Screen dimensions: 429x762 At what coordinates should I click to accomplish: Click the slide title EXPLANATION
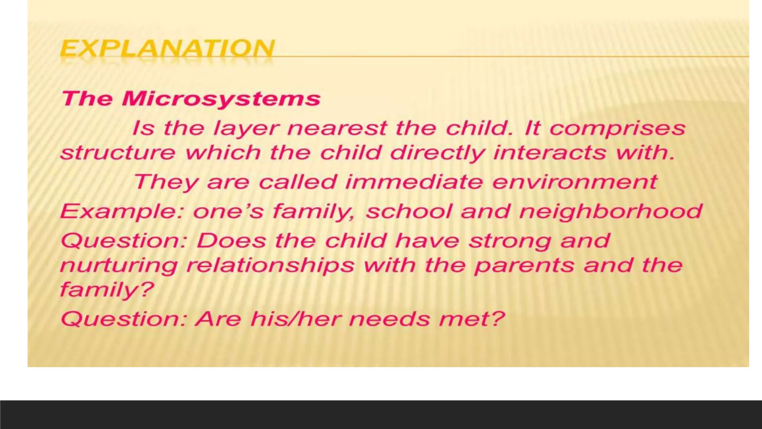pyautogui.click(x=167, y=48)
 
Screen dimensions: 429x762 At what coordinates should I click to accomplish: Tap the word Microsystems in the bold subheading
pyautogui.click(x=221, y=99)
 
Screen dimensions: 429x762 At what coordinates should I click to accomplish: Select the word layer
pyautogui.click(x=246, y=128)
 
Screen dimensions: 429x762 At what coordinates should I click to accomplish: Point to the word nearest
pyautogui.click(x=337, y=128)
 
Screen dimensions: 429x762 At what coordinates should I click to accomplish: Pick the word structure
pyautogui.click(x=118, y=153)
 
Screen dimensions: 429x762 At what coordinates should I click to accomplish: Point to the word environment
pyautogui.click(x=575, y=182)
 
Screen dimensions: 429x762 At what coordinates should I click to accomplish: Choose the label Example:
pyautogui.click(x=121, y=212)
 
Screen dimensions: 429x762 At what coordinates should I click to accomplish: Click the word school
pyautogui.click(x=409, y=211)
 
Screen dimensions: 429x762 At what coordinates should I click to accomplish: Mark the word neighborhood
pyautogui.click(x=611, y=212)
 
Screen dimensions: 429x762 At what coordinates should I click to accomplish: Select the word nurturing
pyautogui.click(x=119, y=266)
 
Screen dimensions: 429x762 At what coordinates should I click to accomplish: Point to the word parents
pyautogui.click(x=525, y=266)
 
